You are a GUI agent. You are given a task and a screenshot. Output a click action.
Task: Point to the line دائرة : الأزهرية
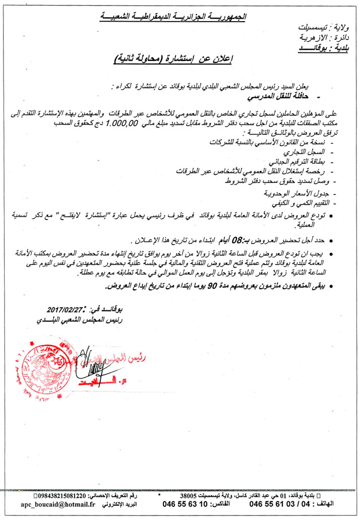(x=328, y=38)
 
